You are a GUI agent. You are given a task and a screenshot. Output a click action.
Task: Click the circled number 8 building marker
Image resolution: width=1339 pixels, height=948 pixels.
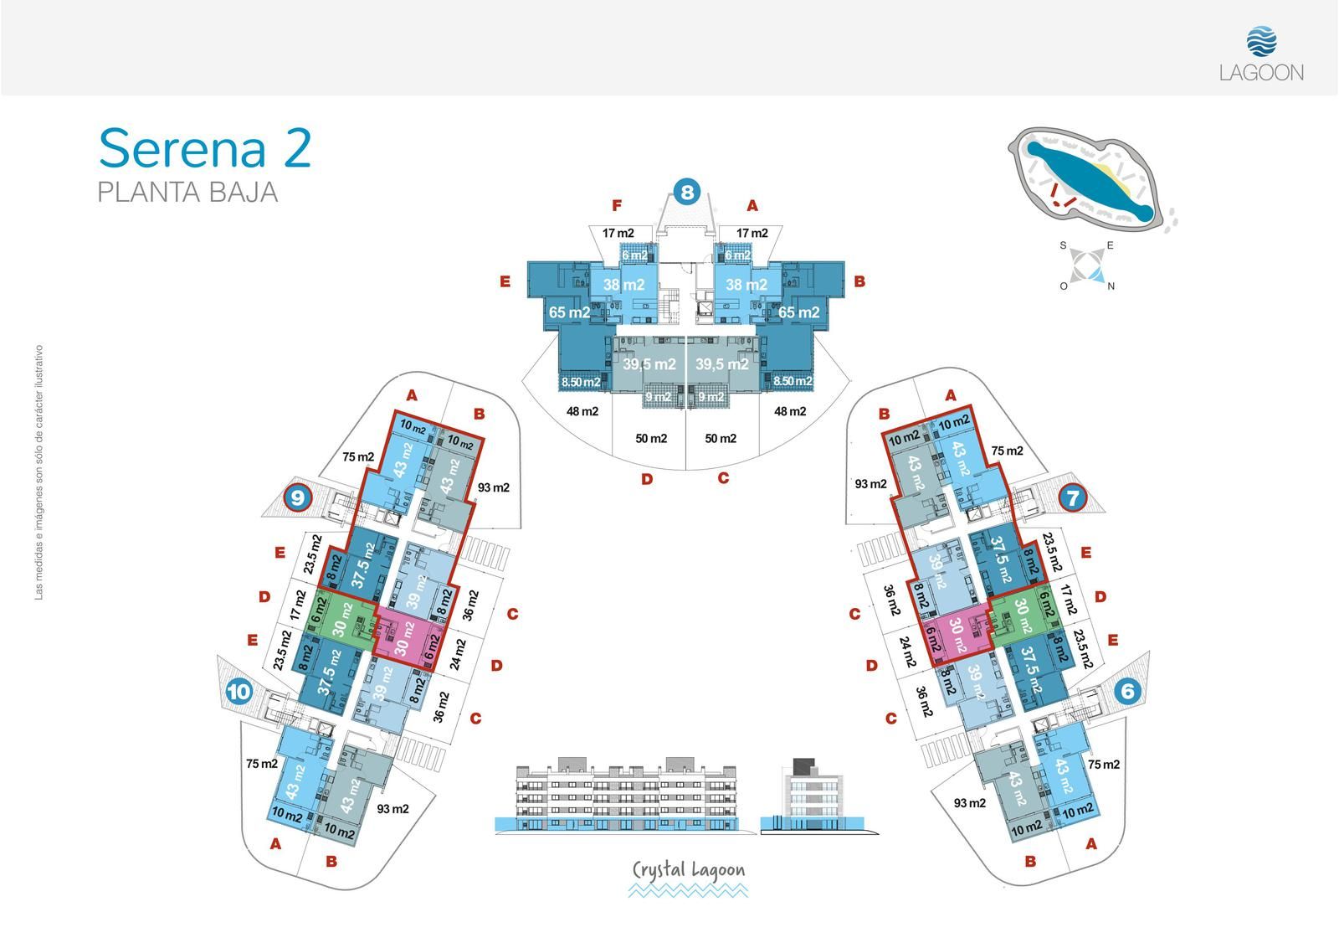click(x=687, y=192)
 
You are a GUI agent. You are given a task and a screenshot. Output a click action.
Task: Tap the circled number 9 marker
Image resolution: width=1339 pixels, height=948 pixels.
click(x=298, y=497)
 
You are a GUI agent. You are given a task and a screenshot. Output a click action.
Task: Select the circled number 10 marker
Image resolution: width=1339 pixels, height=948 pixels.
click(x=239, y=692)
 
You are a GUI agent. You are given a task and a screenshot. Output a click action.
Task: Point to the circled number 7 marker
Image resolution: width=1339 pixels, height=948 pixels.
click(x=1072, y=497)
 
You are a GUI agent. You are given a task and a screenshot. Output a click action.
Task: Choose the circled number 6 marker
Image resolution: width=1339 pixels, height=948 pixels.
click(x=1127, y=692)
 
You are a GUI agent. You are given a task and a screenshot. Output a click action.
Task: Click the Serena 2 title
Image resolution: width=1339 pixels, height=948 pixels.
click(x=205, y=148)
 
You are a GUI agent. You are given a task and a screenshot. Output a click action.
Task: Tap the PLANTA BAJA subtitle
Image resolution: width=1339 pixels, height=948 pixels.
click(x=187, y=193)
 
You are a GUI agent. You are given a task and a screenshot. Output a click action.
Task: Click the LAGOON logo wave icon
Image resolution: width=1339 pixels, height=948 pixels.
click(x=1261, y=41)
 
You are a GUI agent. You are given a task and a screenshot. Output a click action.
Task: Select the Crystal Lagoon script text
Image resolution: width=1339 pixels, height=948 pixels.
click(x=689, y=870)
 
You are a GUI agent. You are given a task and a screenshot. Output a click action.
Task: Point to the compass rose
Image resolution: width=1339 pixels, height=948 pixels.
click(x=1087, y=265)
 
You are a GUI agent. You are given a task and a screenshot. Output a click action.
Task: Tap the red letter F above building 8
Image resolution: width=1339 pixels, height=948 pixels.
click(x=617, y=206)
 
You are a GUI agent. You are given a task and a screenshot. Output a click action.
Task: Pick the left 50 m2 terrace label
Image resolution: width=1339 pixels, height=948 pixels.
click(x=651, y=439)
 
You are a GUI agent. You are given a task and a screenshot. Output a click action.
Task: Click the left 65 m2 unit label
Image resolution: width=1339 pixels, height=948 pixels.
click(x=569, y=312)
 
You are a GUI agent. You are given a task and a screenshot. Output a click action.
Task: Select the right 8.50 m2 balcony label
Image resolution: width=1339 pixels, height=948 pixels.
click(x=792, y=381)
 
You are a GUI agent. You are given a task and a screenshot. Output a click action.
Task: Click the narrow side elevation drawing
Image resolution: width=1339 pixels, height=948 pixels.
click(x=819, y=796)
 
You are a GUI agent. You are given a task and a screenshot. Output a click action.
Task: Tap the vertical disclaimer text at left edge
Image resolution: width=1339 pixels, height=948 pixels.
click(x=38, y=472)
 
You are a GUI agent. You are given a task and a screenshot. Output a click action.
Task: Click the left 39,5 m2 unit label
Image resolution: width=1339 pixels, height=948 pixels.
click(x=649, y=363)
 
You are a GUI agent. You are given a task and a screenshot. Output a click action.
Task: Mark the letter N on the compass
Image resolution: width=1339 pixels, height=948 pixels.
click(x=1111, y=286)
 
